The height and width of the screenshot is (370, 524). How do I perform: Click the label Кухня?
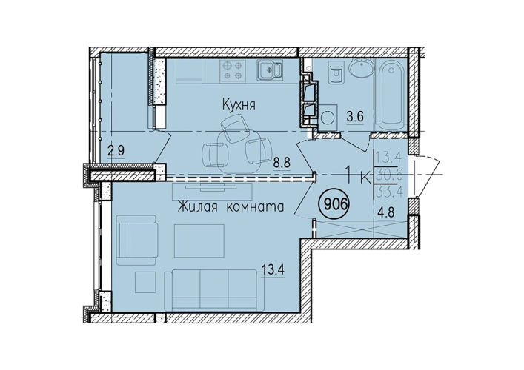pyautogui.click(x=239, y=105)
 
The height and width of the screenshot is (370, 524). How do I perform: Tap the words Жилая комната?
pyautogui.click(x=231, y=207)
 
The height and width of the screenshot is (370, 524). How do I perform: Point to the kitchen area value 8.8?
pyautogui.click(x=282, y=164)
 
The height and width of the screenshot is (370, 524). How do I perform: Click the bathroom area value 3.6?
pyautogui.click(x=355, y=117)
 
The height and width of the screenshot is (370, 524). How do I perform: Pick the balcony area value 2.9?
pyautogui.click(x=116, y=150)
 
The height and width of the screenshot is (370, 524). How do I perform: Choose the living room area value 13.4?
pyautogui.click(x=273, y=269)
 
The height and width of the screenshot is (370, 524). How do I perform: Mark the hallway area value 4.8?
pyautogui.click(x=386, y=212)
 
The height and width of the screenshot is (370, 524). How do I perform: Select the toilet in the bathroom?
pyautogui.click(x=335, y=72)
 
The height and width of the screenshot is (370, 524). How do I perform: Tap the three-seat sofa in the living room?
pyautogui.click(x=214, y=290)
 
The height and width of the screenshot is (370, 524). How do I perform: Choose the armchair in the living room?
pyautogui.click(x=136, y=240)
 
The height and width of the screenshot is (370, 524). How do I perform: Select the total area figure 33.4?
pyautogui.click(x=389, y=192)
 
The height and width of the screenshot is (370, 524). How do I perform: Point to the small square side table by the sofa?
pyautogui.click(x=146, y=282)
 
